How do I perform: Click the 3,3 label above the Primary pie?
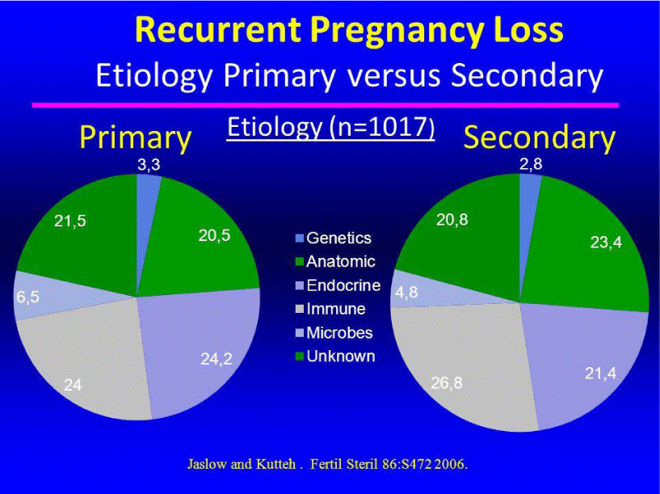pos(149,165)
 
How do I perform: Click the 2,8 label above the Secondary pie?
pos(531,164)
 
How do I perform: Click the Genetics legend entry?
pos(334,238)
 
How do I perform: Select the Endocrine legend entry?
pos(338,285)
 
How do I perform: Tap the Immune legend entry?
pos(330,309)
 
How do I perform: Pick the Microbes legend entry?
pos(334,333)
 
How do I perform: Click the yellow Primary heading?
pos(136,137)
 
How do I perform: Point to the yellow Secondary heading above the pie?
pos(539,137)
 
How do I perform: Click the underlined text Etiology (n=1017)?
pos(331,127)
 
